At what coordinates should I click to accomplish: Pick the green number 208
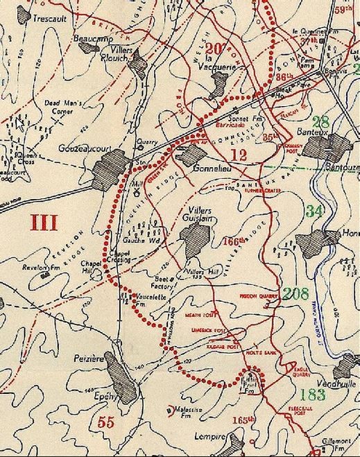pos(294,293)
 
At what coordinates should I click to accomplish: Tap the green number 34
pos(316,212)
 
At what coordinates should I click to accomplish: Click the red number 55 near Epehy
pos(106,421)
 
